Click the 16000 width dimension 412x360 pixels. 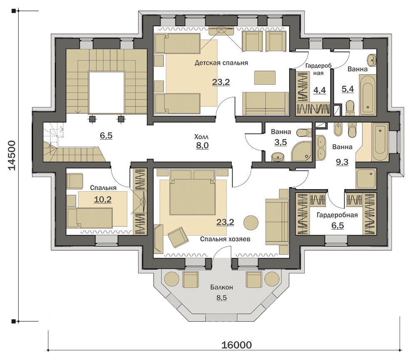(x=236, y=345)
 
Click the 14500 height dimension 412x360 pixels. (x=12, y=155)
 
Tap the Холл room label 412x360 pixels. (x=201, y=137)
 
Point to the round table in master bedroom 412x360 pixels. (x=251, y=223)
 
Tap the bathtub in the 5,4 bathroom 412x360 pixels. (x=368, y=95)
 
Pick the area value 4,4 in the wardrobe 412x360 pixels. (x=320, y=90)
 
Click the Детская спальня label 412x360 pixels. (x=221, y=63)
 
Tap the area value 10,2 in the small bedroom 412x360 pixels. (x=102, y=200)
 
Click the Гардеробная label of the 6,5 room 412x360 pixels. (x=337, y=215)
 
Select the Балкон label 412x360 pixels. (x=221, y=287)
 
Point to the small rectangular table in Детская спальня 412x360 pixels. (x=265, y=78)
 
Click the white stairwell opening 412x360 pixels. (x=107, y=92)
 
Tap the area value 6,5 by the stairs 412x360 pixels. (x=106, y=136)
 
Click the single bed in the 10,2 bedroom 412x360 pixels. (x=90, y=218)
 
